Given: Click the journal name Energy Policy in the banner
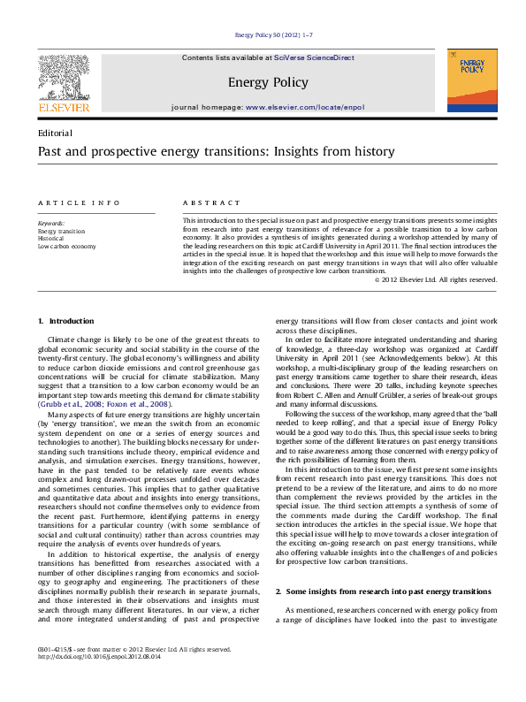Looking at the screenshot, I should pos(268,82).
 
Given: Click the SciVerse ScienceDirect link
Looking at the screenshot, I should pos(314,57).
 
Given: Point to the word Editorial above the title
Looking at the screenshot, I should pos(55,132).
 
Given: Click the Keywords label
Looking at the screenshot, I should pos(50,224).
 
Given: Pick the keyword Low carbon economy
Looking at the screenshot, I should pos(66,247).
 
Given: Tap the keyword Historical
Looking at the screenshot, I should pos(50,239).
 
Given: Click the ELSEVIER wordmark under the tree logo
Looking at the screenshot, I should pos(63,107).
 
